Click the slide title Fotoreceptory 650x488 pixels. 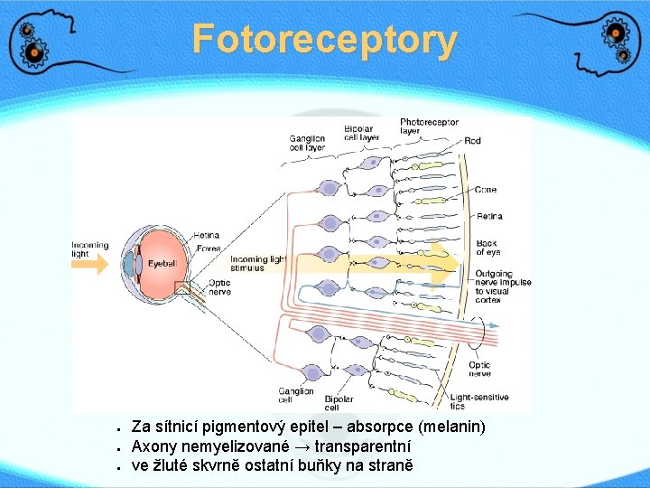pyautogui.click(x=325, y=40)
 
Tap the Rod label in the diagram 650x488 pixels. pyautogui.click(x=472, y=141)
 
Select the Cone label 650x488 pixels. pyautogui.click(x=486, y=190)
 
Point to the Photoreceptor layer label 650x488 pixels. pyautogui.click(x=429, y=127)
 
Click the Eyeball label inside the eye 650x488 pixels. pyautogui.click(x=162, y=264)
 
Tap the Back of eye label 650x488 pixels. pyautogui.click(x=487, y=247)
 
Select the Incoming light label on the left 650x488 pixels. pyautogui.click(x=89, y=249)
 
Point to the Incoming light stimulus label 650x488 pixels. pyautogui.click(x=258, y=264)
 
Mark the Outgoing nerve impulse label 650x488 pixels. pyautogui.click(x=503, y=286)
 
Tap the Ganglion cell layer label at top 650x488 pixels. pyautogui.click(x=307, y=143)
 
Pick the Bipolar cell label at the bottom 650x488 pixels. pyautogui.click(x=339, y=403)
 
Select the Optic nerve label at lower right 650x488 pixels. pyautogui.click(x=479, y=369)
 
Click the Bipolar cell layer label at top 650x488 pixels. pyautogui.click(x=361, y=134)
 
